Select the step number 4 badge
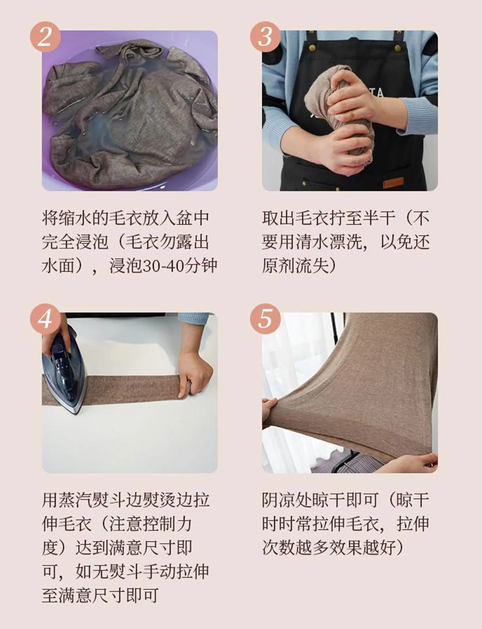pos(45,318)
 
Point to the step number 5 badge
pos(265,318)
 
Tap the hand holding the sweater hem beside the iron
pos(195,373)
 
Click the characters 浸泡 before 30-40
pos(125,266)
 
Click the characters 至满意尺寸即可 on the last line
pos(100,595)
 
